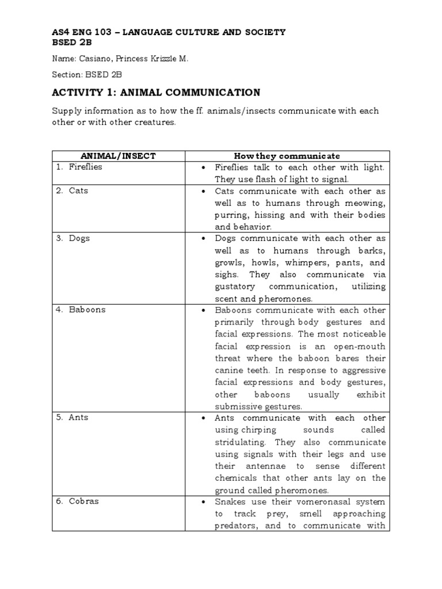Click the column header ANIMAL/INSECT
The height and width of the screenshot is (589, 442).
118,156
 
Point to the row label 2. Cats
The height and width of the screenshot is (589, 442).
72,190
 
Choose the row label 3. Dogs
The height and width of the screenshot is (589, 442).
73,238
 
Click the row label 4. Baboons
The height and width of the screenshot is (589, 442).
81,309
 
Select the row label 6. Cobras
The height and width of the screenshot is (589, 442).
77,501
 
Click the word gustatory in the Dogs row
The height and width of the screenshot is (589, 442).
238,286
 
